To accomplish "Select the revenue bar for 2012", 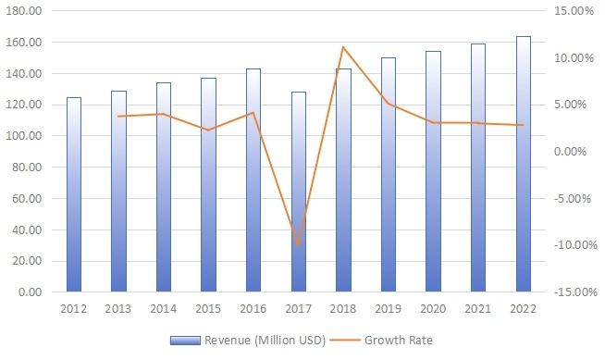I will pos(74,194).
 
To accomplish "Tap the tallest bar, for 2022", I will pos(523,164).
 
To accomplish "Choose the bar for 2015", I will pos(208,185).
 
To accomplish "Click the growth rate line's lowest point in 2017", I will pos(298,245).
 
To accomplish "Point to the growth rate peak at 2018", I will pos(343,47).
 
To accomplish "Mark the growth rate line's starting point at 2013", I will pos(118,117).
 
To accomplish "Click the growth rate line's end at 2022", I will pos(523,125).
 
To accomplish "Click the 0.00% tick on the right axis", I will pos(574,151).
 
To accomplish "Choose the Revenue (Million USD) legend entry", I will pos(255,340).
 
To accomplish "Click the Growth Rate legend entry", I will pos(398,340).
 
